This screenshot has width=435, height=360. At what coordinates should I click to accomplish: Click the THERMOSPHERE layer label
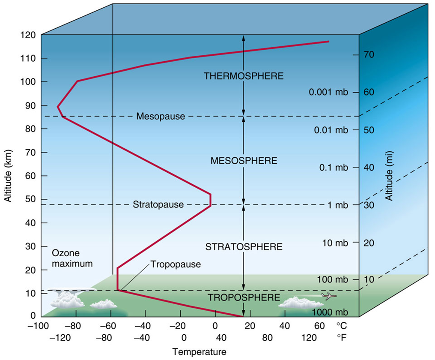(244, 76)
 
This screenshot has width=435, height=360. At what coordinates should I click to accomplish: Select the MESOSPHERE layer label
(244, 161)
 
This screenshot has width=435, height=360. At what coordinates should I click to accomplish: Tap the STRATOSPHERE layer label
(244, 247)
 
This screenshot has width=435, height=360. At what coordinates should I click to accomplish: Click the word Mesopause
(161, 116)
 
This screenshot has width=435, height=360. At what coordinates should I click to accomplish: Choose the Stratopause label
(158, 204)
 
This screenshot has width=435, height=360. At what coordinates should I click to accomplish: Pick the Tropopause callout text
(176, 264)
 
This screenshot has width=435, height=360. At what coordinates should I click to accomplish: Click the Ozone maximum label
(72, 258)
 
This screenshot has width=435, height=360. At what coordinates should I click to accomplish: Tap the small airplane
(329, 296)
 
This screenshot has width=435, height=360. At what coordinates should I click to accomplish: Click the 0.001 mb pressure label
(328, 92)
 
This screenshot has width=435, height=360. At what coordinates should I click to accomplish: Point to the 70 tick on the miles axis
(369, 55)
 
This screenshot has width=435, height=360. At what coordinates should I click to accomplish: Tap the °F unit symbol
(341, 338)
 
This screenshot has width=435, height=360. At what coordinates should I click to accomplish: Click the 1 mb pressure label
(336, 205)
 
